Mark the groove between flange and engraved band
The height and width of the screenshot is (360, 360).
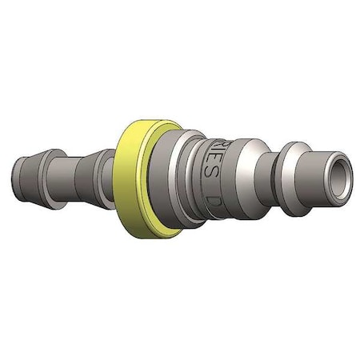pos(185,172)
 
